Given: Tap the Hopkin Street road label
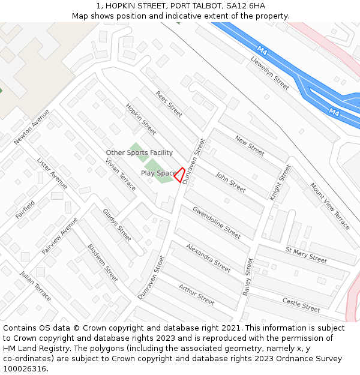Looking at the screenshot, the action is (141, 119).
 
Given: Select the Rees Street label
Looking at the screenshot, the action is (169, 104).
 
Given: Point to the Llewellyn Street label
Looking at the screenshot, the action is (270, 73).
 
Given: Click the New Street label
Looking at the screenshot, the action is (250, 146).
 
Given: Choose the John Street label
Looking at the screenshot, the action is (230, 182).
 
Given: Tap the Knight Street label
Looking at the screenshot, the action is (280, 182).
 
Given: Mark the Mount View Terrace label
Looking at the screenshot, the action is (329, 206).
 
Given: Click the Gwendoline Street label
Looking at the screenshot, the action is (217, 222).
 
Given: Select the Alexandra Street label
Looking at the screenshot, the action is (208, 258).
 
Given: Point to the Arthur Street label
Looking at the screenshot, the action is (196, 295).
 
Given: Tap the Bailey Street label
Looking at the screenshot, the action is (248, 276).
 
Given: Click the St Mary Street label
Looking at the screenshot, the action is (306, 255).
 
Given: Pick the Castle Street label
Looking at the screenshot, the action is (301, 305).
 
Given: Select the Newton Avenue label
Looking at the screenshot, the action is (32, 127).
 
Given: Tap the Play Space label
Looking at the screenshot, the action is (159, 173).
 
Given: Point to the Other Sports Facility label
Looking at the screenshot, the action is (139, 153).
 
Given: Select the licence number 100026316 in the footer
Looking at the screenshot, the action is (24, 368).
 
